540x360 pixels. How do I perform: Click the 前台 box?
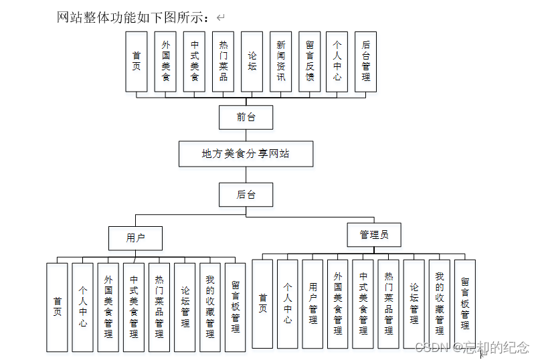(x=246, y=117)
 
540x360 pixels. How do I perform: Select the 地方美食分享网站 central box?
(x=246, y=153)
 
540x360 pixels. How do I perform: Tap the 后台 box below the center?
(x=246, y=194)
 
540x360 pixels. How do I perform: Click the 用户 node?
(x=136, y=237)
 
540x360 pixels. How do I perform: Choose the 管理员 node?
(x=374, y=234)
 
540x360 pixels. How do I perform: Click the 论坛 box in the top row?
(x=252, y=62)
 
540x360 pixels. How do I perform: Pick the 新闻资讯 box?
(x=281, y=62)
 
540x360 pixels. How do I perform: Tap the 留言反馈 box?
(x=310, y=62)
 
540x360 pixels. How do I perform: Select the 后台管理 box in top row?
(x=365, y=62)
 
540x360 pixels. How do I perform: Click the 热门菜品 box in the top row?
(x=223, y=62)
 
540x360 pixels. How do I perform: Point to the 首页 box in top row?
(x=137, y=62)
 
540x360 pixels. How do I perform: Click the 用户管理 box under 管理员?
(x=313, y=304)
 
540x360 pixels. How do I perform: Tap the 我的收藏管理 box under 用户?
(x=209, y=307)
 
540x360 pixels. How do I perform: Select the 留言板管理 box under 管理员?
(x=464, y=304)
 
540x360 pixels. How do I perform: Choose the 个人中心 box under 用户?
(x=83, y=307)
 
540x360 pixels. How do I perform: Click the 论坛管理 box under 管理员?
(x=414, y=304)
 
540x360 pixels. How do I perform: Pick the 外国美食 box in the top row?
(x=166, y=62)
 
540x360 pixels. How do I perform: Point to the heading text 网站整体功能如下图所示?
(x=134, y=17)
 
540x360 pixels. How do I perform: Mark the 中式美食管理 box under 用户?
(x=133, y=307)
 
